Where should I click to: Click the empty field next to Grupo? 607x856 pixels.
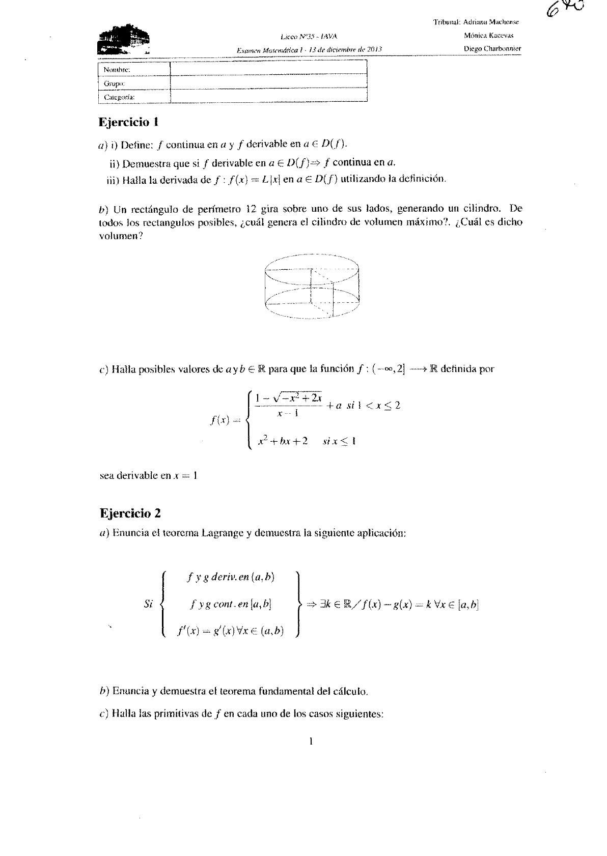click(x=268, y=82)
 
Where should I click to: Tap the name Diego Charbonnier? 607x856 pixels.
click(x=492, y=49)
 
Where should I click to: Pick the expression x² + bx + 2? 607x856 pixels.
click(x=283, y=441)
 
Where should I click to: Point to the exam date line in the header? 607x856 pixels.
click(x=309, y=49)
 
